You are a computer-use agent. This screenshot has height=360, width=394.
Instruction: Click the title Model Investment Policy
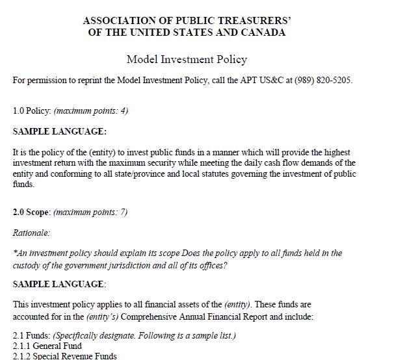(x=187, y=60)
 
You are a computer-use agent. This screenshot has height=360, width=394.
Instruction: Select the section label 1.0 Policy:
(x=27, y=110)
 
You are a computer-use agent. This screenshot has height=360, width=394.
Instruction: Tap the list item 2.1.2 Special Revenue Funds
(x=65, y=355)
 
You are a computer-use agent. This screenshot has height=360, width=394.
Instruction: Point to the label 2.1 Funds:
(x=31, y=335)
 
